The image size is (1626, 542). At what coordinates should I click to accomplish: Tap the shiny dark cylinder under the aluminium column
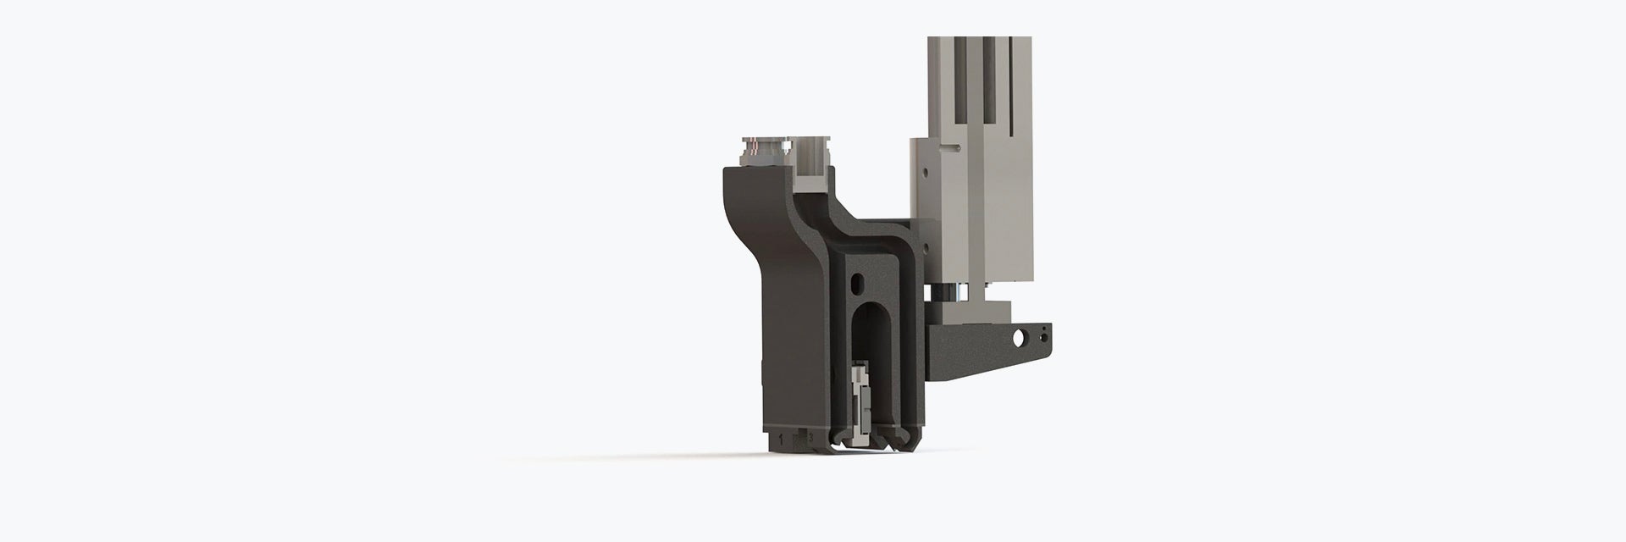click(x=948, y=292)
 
